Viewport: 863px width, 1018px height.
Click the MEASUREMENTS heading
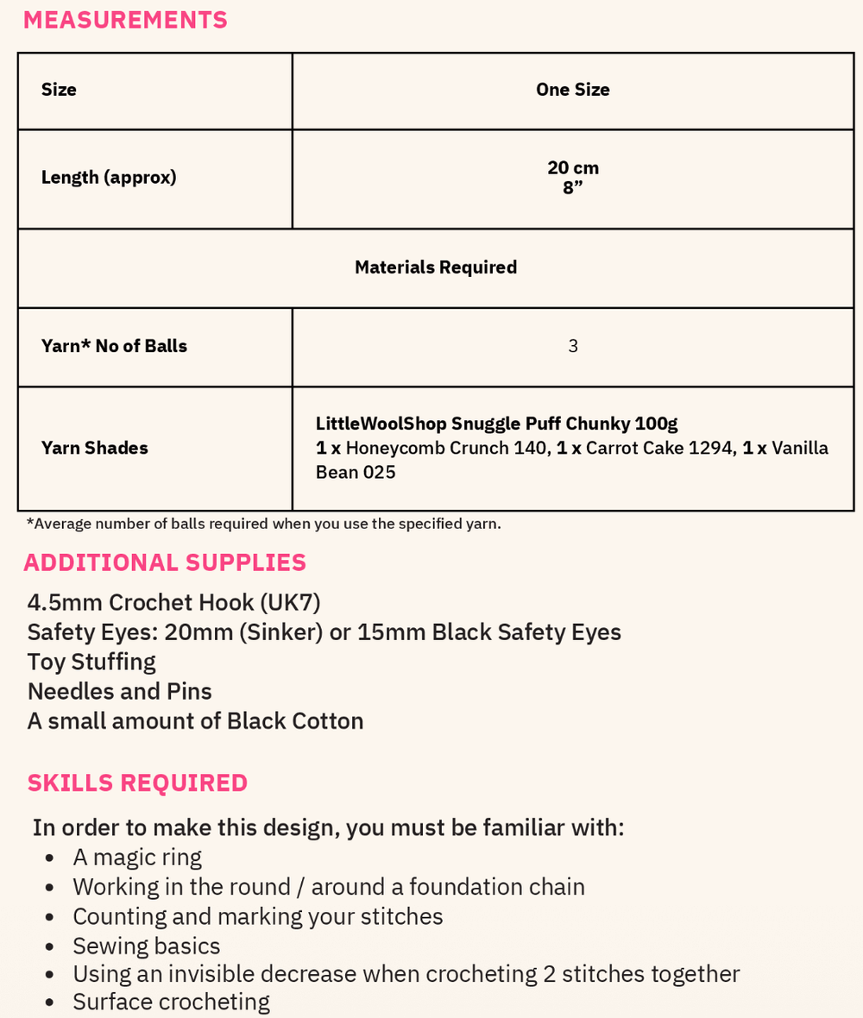pyautogui.click(x=125, y=20)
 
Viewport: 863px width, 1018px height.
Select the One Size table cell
pyautogui.click(x=572, y=90)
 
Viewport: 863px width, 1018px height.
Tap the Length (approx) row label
pyautogui.click(x=109, y=177)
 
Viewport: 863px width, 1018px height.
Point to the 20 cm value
pyautogui.click(x=572, y=167)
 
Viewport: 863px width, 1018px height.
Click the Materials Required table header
pyautogui.click(x=436, y=267)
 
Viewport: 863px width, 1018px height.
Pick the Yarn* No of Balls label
pyautogui.click(x=114, y=346)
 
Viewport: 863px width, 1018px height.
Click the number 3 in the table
pyautogui.click(x=573, y=346)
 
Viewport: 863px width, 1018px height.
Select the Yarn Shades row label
pyautogui.click(x=95, y=448)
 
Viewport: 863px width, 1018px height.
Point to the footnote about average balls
pyautogui.click(x=263, y=524)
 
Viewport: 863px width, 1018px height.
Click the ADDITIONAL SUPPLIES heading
pyautogui.click(x=165, y=562)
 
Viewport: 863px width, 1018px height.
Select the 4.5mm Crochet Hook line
pyautogui.click(x=173, y=602)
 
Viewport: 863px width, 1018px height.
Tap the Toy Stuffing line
pyautogui.click(x=91, y=662)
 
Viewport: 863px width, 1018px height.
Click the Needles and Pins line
pyautogui.click(x=119, y=691)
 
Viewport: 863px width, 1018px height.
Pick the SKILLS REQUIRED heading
pyautogui.click(x=137, y=782)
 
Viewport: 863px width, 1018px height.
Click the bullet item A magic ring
pyautogui.click(x=137, y=857)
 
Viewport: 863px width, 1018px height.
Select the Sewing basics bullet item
pyautogui.click(x=147, y=946)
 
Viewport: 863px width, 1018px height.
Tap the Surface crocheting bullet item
pyautogui.click(x=171, y=1002)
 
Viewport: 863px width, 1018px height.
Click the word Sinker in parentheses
pyautogui.click(x=280, y=632)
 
